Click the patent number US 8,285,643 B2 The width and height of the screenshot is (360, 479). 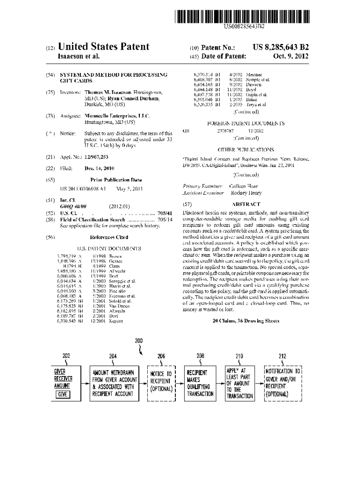281,47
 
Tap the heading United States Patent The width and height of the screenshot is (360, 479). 103,47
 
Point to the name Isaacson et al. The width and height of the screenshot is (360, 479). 78,57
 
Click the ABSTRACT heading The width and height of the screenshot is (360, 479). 246,204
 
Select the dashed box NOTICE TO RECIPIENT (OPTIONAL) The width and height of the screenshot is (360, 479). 161,384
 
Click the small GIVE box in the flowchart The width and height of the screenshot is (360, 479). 62,394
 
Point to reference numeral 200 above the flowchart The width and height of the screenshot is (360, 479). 139,341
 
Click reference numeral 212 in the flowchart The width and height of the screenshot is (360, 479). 282,356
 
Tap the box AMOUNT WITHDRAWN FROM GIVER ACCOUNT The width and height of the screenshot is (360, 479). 113,383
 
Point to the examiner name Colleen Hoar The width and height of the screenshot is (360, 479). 244,186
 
